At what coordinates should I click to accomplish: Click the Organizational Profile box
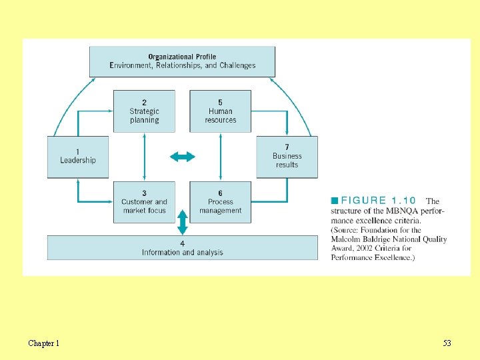182,61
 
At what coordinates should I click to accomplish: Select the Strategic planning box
144,111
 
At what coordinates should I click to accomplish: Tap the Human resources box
221,111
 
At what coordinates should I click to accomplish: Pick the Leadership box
77,157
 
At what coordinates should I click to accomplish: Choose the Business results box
287,157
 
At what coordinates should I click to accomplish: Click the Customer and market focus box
144,202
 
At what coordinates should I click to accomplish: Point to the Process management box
221,202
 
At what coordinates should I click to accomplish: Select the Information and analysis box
182,248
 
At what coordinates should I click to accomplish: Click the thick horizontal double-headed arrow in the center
182,157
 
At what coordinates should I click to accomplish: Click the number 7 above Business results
287,147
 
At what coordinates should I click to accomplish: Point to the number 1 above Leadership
77,152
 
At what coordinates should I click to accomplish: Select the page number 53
447,343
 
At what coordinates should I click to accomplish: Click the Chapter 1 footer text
43,343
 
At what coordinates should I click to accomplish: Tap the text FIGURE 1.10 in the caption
378,200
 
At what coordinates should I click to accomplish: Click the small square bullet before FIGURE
335,200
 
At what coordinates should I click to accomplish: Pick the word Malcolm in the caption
347,239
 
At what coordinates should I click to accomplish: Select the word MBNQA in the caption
399,211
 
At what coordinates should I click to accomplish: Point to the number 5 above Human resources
221,103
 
